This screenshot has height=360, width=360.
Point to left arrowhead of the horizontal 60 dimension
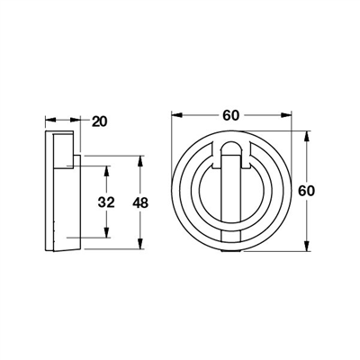click(x=174, y=116)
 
